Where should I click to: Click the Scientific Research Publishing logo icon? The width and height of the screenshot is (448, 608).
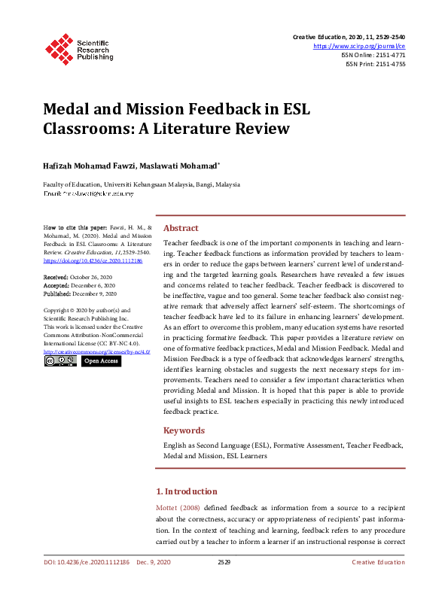tap(59, 47)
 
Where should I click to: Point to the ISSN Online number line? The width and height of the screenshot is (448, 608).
tap(374, 55)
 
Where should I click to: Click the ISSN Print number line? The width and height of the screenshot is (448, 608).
tap(375, 64)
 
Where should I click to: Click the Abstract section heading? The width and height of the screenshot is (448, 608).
tap(181, 228)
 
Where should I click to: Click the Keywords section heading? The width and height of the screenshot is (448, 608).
tap(184, 430)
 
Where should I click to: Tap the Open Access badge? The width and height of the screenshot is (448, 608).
tap(100, 361)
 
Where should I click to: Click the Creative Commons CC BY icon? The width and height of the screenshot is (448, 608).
tap(60, 361)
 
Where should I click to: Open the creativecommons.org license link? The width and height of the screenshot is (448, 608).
tap(96, 351)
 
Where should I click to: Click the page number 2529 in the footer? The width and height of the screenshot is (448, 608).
tap(224, 562)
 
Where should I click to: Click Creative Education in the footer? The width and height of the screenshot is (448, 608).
tap(378, 562)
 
